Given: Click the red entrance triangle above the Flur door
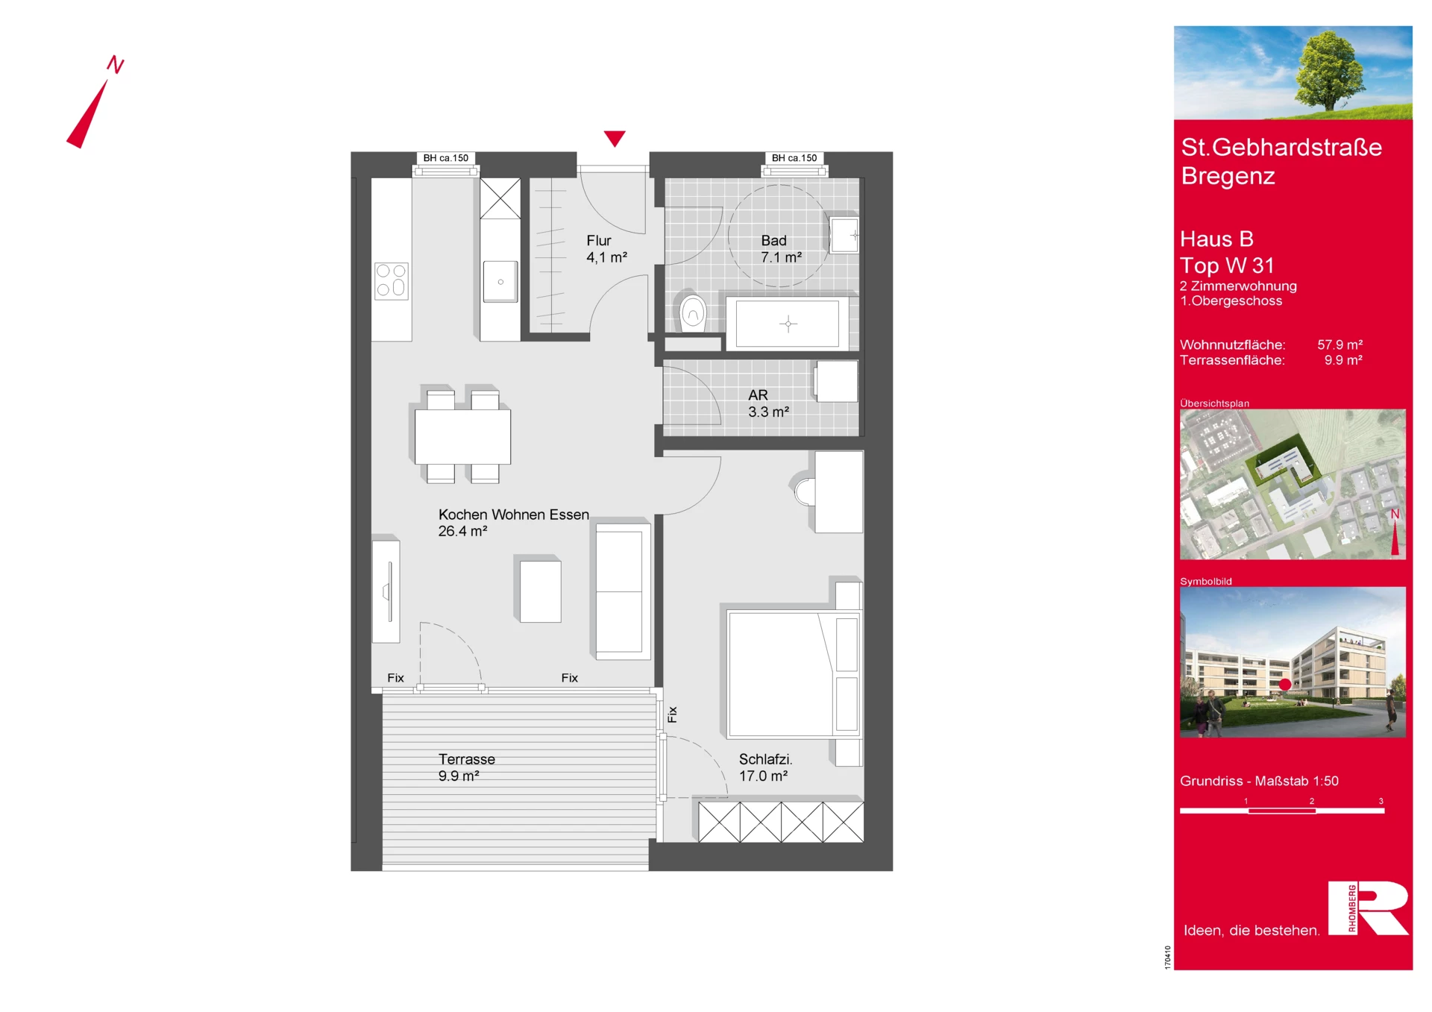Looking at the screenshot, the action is (x=615, y=138).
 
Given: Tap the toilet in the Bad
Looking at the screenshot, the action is (x=692, y=312).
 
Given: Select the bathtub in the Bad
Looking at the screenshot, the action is (x=787, y=324).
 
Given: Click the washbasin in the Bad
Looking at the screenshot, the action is (x=844, y=235).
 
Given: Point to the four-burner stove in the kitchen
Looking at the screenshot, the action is (x=392, y=280).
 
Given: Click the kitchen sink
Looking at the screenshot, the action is (x=500, y=281).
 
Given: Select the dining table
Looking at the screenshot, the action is (x=462, y=437).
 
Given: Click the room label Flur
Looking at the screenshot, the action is (x=599, y=241).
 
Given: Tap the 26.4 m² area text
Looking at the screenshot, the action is (x=462, y=531).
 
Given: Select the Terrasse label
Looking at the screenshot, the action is (x=467, y=759).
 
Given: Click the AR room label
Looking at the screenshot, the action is (x=758, y=395).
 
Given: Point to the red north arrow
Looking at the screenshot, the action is (x=87, y=113).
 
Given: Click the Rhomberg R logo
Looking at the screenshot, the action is (x=1369, y=908).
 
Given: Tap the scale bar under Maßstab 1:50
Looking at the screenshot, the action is (x=1282, y=811).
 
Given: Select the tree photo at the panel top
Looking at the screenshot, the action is (x=1293, y=72).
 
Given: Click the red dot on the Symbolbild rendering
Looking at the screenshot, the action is (x=1285, y=684).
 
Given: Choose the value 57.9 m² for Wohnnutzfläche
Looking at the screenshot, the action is (x=1340, y=345).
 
